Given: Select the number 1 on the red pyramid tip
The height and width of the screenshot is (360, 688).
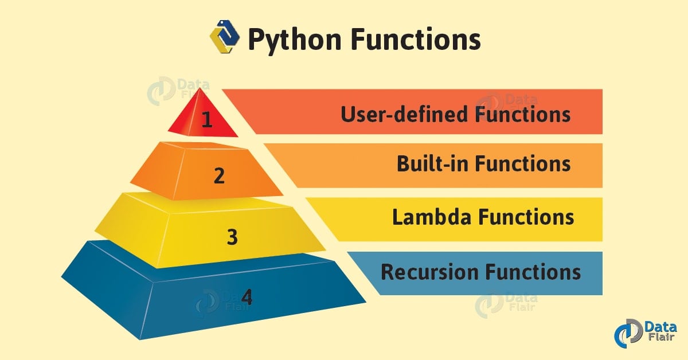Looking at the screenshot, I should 207,119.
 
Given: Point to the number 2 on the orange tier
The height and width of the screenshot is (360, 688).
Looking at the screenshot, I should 219,175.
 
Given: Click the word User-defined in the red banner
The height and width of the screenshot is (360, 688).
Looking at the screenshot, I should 404,114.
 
